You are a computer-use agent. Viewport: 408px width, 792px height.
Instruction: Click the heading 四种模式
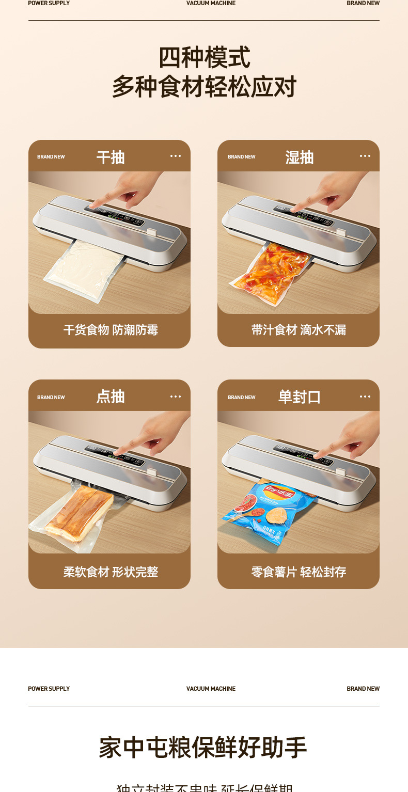[x=204, y=57]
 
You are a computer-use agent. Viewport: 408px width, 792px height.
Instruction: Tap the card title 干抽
[x=111, y=157]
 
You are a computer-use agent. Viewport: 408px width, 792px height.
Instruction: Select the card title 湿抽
[x=300, y=157]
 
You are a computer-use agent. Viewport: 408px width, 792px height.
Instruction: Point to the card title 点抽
[x=111, y=397]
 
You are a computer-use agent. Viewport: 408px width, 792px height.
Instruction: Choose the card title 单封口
[x=300, y=397]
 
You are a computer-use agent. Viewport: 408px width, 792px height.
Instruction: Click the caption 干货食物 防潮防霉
[x=111, y=330]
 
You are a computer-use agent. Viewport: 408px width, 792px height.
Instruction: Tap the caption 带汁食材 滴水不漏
[x=299, y=330]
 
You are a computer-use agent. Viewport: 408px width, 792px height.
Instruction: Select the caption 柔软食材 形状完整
[x=111, y=572]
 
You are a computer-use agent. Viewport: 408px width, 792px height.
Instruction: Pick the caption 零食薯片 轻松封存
[x=299, y=572]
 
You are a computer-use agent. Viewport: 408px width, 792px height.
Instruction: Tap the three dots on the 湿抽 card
[x=365, y=156]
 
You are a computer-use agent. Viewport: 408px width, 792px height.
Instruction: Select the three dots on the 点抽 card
[x=176, y=397]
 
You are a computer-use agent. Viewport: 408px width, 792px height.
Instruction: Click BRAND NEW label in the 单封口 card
[x=242, y=397]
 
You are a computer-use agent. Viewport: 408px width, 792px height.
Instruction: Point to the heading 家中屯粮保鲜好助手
[x=203, y=748]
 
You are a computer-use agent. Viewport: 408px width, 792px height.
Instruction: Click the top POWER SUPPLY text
[x=49, y=3]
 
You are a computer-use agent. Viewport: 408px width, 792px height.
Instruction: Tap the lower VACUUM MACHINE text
[x=211, y=689]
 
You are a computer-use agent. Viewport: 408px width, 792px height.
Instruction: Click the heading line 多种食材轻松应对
[x=204, y=87]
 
